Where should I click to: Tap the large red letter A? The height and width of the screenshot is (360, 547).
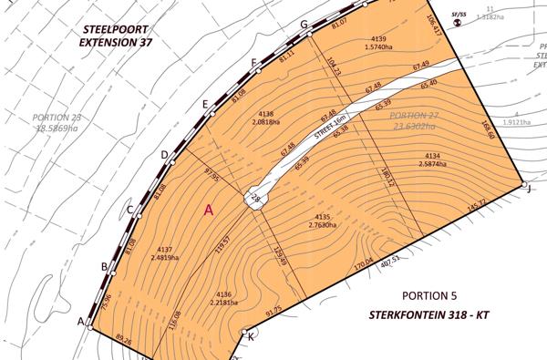pyautogui.click(x=209, y=210)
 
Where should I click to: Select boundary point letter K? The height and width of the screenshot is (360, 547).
pyautogui.click(x=251, y=336)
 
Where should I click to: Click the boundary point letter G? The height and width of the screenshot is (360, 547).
pyautogui.click(x=304, y=25)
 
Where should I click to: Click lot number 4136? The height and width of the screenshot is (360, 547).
pyautogui.click(x=224, y=294)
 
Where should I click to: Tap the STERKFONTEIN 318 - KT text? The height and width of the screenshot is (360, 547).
pyautogui.click(x=431, y=316)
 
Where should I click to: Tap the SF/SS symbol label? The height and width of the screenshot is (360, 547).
pyautogui.click(x=459, y=15)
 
